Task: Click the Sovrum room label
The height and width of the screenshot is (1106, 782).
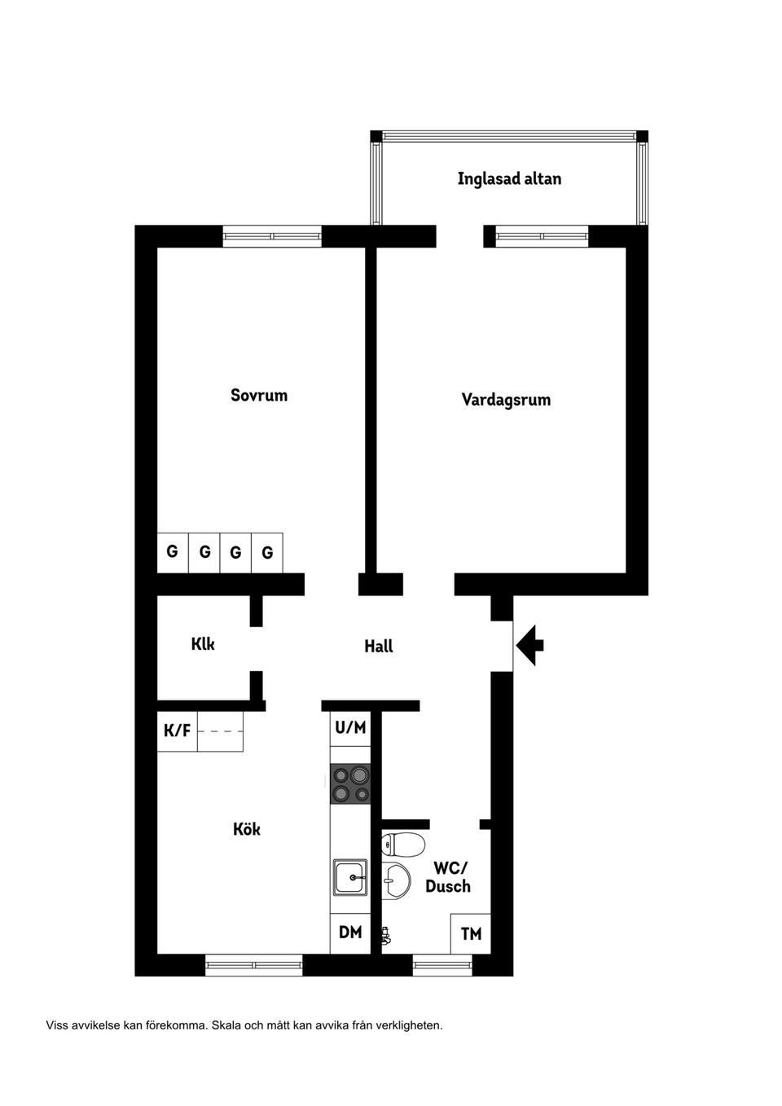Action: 259,396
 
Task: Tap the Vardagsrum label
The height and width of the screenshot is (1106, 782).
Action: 506,400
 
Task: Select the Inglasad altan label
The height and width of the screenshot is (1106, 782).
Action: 509,179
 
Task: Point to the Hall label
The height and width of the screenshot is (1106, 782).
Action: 379,647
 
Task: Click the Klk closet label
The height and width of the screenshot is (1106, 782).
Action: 203,644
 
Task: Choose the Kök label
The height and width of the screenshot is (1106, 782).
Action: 247,829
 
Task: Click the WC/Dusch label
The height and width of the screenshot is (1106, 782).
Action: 448,878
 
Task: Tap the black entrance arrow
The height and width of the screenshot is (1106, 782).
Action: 529,645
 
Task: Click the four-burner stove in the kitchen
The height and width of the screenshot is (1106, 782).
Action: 350,784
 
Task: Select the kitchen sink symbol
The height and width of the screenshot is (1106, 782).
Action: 350,876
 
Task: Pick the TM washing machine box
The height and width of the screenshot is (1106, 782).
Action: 471,934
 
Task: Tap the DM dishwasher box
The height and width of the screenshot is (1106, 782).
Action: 350,933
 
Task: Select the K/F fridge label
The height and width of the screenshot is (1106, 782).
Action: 178,731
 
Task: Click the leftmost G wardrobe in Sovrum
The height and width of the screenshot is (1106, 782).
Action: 172,552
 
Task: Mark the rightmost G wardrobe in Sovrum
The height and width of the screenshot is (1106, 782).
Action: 267,553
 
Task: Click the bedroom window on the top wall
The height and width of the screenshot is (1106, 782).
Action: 272,236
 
